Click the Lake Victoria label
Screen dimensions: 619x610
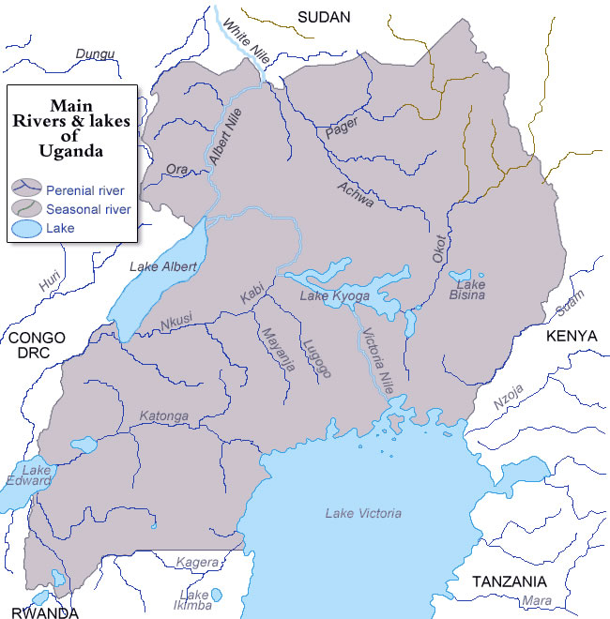[x=363, y=513]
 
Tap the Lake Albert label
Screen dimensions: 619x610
[x=161, y=267]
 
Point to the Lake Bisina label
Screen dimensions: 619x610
[x=470, y=290]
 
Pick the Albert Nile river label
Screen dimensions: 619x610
[x=225, y=138]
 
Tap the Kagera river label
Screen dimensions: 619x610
[x=197, y=562]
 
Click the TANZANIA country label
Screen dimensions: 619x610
[x=509, y=581]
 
